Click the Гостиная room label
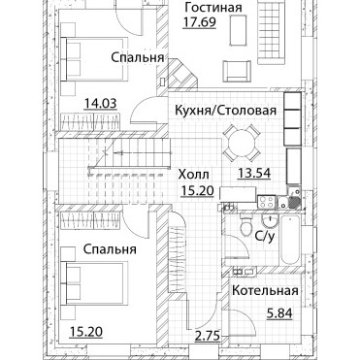click(213, 8)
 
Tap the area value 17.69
click(199, 22)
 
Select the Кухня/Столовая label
click(226, 111)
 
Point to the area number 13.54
click(254, 173)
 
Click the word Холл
click(194, 175)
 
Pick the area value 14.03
click(100, 104)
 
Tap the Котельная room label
click(265, 290)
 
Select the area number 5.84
click(279, 313)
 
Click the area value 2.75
click(208, 336)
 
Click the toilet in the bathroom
click(245, 226)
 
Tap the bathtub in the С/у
click(291, 240)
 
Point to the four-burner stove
click(267, 202)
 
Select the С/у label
click(265, 237)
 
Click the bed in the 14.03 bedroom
click(94, 59)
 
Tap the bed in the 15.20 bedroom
click(94, 283)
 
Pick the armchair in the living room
click(237, 71)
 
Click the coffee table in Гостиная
click(239, 31)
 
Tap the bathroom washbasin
click(269, 221)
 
